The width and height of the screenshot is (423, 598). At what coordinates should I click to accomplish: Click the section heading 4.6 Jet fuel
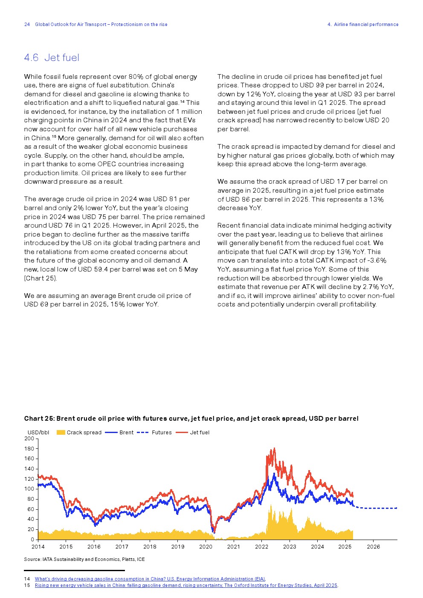(x=52, y=58)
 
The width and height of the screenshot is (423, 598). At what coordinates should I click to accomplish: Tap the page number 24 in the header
(x=27, y=24)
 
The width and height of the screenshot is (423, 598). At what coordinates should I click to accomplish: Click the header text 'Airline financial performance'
(x=366, y=24)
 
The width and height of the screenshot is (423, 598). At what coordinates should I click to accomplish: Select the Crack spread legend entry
(x=79, y=432)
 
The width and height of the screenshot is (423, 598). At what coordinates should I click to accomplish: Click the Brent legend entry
(x=119, y=432)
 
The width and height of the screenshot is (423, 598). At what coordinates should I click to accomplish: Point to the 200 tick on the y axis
(x=29, y=439)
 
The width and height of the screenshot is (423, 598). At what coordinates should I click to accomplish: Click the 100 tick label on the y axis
(x=29, y=489)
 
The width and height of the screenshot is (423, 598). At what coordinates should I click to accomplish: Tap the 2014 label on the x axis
(x=38, y=547)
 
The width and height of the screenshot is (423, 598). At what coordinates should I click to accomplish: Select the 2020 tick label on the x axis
(x=206, y=547)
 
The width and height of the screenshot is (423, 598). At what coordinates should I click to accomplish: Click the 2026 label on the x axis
(x=373, y=547)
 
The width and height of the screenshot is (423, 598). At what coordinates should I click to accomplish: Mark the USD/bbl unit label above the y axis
(x=38, y=432)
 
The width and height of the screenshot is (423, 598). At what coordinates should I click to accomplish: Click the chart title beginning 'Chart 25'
(x=191, y=419)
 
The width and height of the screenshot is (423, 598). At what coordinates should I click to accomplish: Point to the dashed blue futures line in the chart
(x=380, y=508)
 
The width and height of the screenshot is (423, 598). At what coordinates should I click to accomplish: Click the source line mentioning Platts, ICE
(x=84, y=559)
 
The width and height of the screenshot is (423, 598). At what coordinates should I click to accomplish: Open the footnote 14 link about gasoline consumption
(x=150, y=579)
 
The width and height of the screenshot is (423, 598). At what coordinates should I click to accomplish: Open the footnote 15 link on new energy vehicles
(x=186, y=585)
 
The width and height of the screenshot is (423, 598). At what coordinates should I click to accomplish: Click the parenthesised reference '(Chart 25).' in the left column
(x=41, y=278)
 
